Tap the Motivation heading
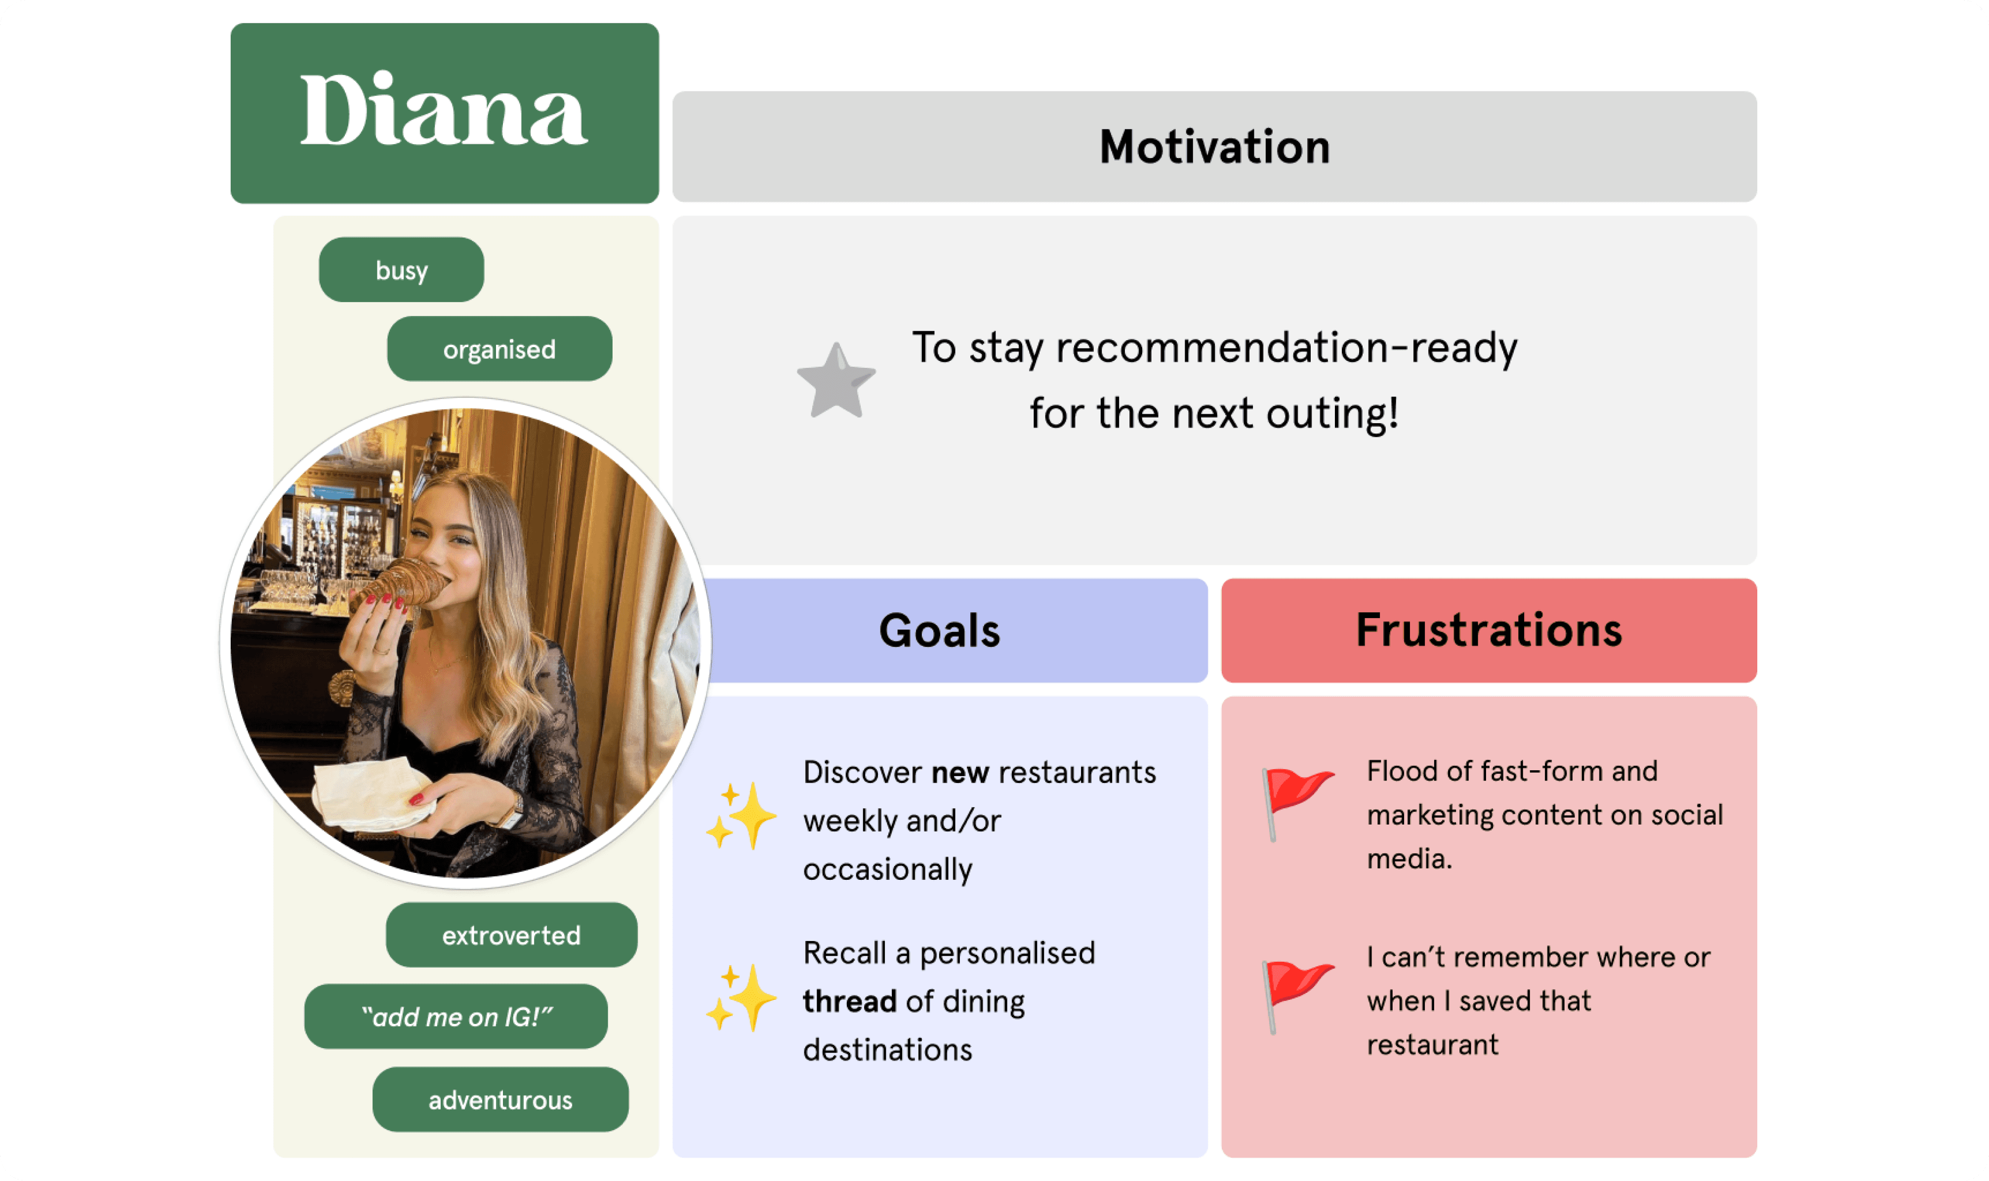[x=1214, y=147]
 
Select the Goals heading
[x=940, y=630]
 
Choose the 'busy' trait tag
[x=401, y=270]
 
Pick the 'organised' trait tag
[x=499, y=349]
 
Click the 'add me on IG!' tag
[x=456, y=1016]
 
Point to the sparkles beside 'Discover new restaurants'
[x=741, y=816]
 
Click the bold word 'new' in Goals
[x=959, y=773]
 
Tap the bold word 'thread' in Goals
[x=849, y=1001]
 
